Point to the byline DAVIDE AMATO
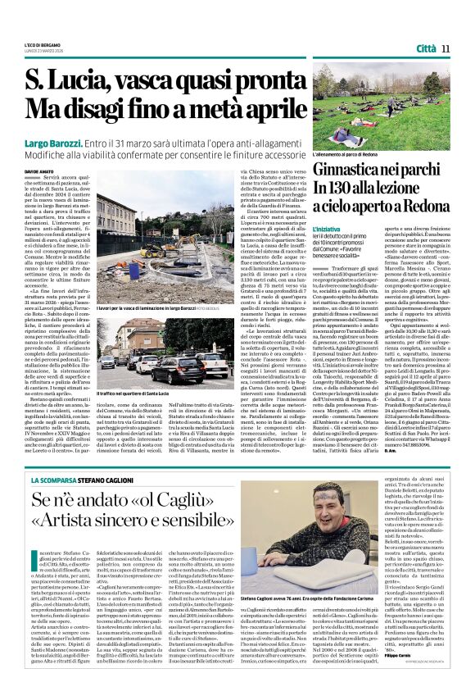tap(47, 171)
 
